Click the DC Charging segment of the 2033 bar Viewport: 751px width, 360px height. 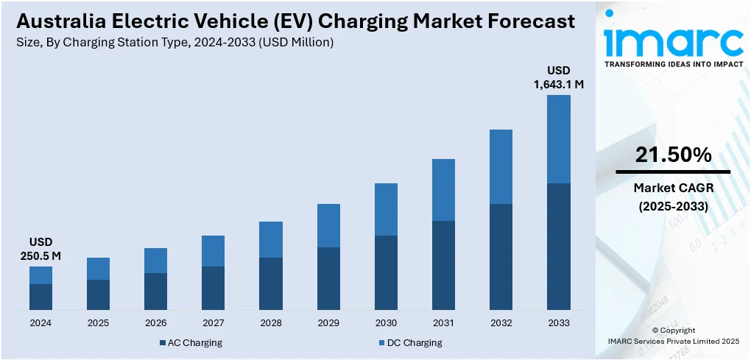558,139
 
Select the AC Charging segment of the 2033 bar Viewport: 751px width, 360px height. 558,246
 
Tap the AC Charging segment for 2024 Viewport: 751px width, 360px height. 41,296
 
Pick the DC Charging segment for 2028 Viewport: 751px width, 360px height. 271,239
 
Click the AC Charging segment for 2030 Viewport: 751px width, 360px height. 386,272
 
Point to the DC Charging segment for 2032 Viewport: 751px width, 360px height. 501,166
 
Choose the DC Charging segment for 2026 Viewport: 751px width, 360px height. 156,261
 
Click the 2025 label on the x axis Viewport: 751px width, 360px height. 99,322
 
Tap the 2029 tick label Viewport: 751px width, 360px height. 328,322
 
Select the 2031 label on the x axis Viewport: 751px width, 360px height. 443,322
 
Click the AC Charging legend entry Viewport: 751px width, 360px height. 190,342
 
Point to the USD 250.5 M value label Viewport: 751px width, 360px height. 41,249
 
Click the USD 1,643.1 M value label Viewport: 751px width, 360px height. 558,77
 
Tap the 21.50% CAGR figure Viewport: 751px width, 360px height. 673,155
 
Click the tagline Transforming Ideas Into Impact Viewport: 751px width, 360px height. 673,65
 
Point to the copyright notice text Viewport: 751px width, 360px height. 673,336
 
